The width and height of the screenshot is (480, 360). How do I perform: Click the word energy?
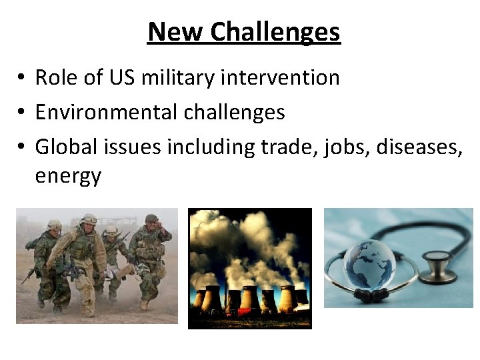(x=68, y=177)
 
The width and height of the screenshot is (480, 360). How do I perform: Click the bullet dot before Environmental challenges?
(x=22, y=113)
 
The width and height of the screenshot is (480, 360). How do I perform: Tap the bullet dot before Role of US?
(x=22, y=78)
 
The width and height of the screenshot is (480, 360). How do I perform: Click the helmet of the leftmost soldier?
(x=54, y=225)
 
